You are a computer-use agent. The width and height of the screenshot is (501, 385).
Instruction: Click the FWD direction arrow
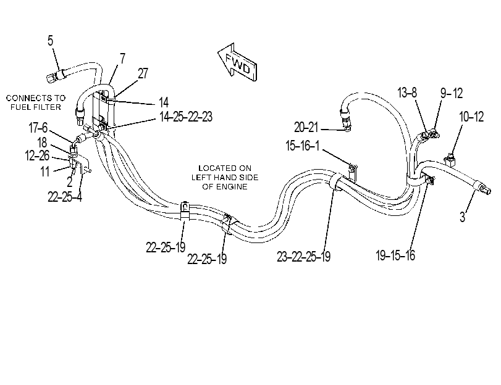click(x=238, y=62)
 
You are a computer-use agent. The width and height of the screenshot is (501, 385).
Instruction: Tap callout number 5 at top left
click(x=50, y=41)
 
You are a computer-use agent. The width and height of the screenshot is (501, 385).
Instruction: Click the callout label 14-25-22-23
click(x=186, y=117)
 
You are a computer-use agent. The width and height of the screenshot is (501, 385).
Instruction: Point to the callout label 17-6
click(x=38, y=128)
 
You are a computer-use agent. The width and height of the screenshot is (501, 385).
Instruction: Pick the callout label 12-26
click(x=37, y=155)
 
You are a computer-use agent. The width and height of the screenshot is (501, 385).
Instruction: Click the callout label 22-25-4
click(x=65, y=197)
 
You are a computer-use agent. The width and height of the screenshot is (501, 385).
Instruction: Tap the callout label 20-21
click(x=306, y=127)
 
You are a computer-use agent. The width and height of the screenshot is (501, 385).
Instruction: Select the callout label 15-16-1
click(x=302, y=146)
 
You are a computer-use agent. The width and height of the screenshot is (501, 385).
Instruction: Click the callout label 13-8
click(x=407, y=93)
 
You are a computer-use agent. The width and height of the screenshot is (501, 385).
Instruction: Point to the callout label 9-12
click(x=452, y=93)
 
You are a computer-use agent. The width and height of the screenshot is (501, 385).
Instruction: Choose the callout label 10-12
click(x=471, y=117)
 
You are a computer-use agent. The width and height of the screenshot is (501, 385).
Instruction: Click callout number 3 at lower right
click(x=462, y=217)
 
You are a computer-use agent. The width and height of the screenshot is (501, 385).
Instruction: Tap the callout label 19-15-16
click(x=395, y=255)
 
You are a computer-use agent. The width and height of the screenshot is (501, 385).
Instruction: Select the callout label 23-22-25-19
click(x=303, y=256)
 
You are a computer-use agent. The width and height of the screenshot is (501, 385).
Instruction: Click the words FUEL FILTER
click(x=35, y=107)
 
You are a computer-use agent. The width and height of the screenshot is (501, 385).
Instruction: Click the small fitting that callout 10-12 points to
click(x=450, y=160)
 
